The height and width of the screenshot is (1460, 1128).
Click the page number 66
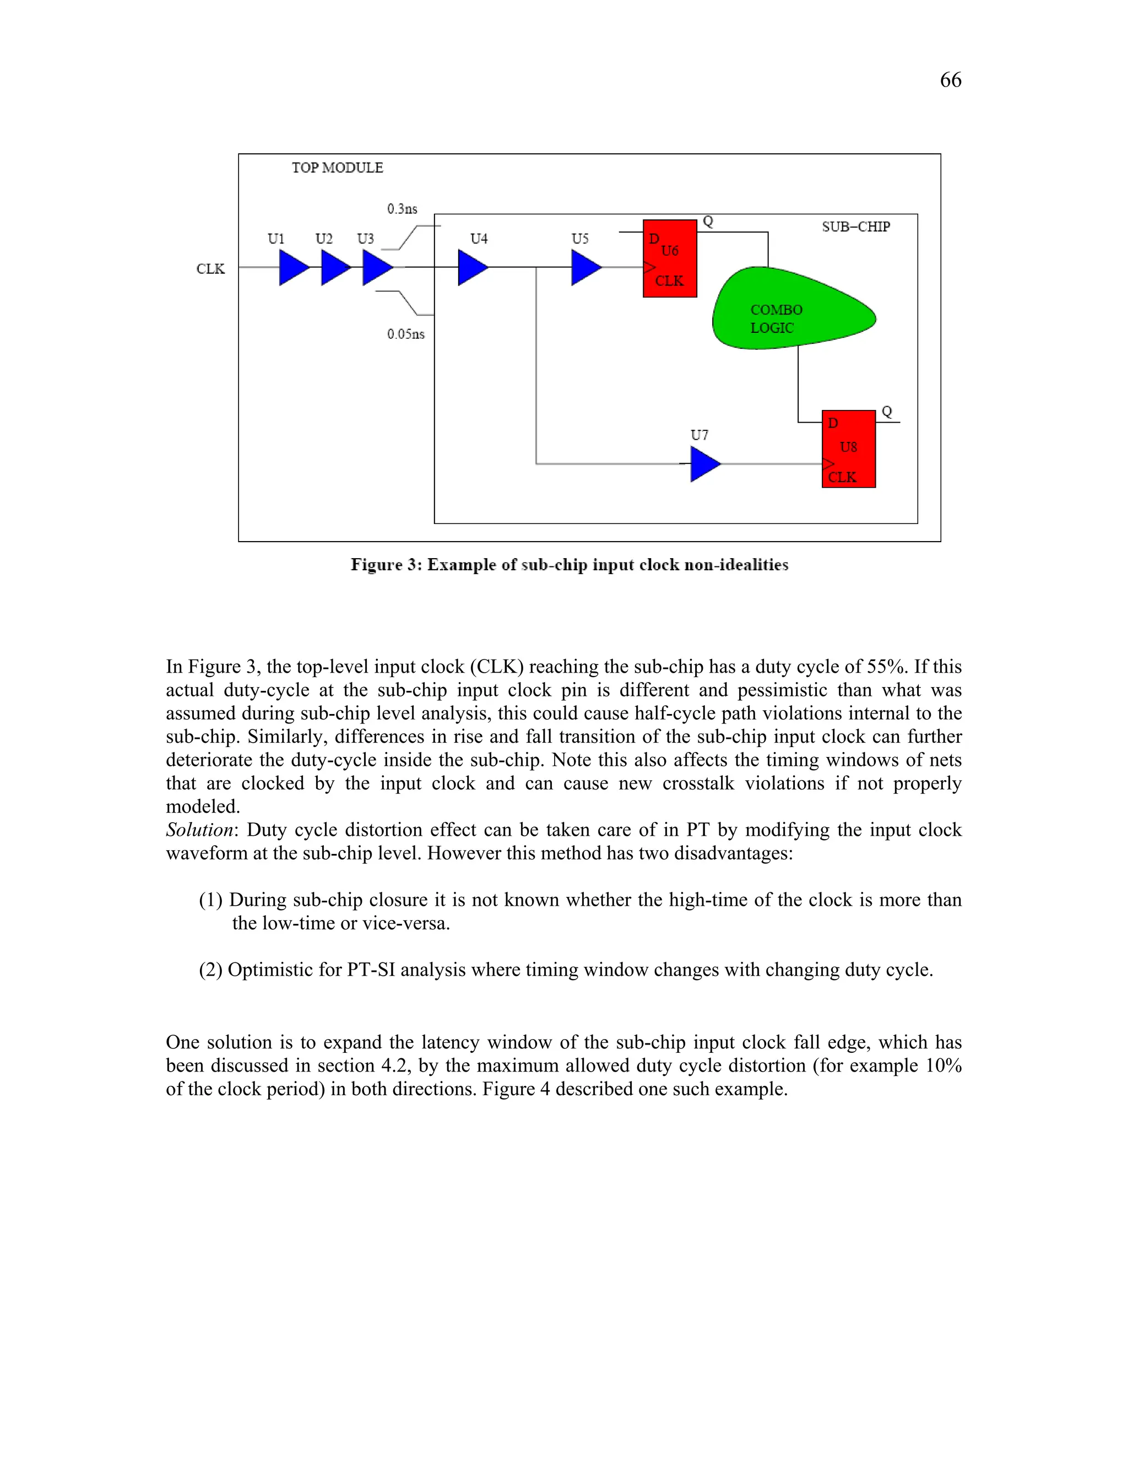point(950,80)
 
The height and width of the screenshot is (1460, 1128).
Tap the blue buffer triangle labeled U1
point(292,267)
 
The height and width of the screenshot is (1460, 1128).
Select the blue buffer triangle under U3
point(376,267)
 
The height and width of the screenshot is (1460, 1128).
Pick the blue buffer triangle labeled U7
point(704,464)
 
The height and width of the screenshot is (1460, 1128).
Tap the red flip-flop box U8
point(849,448)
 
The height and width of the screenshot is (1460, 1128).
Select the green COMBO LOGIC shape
point(789,310)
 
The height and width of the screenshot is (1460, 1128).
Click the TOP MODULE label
point(338,168)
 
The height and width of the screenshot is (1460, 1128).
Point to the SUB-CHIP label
point(856,226)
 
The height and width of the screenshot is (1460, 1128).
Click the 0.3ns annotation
point(402,209)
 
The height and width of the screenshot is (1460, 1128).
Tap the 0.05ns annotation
point(405,334)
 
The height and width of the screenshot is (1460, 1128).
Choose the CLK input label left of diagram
point(210,269)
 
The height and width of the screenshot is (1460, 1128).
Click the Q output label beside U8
point(887,412)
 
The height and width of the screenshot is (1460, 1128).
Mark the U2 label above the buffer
point(324,239)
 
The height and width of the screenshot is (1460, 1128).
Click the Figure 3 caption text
point(570,565)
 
